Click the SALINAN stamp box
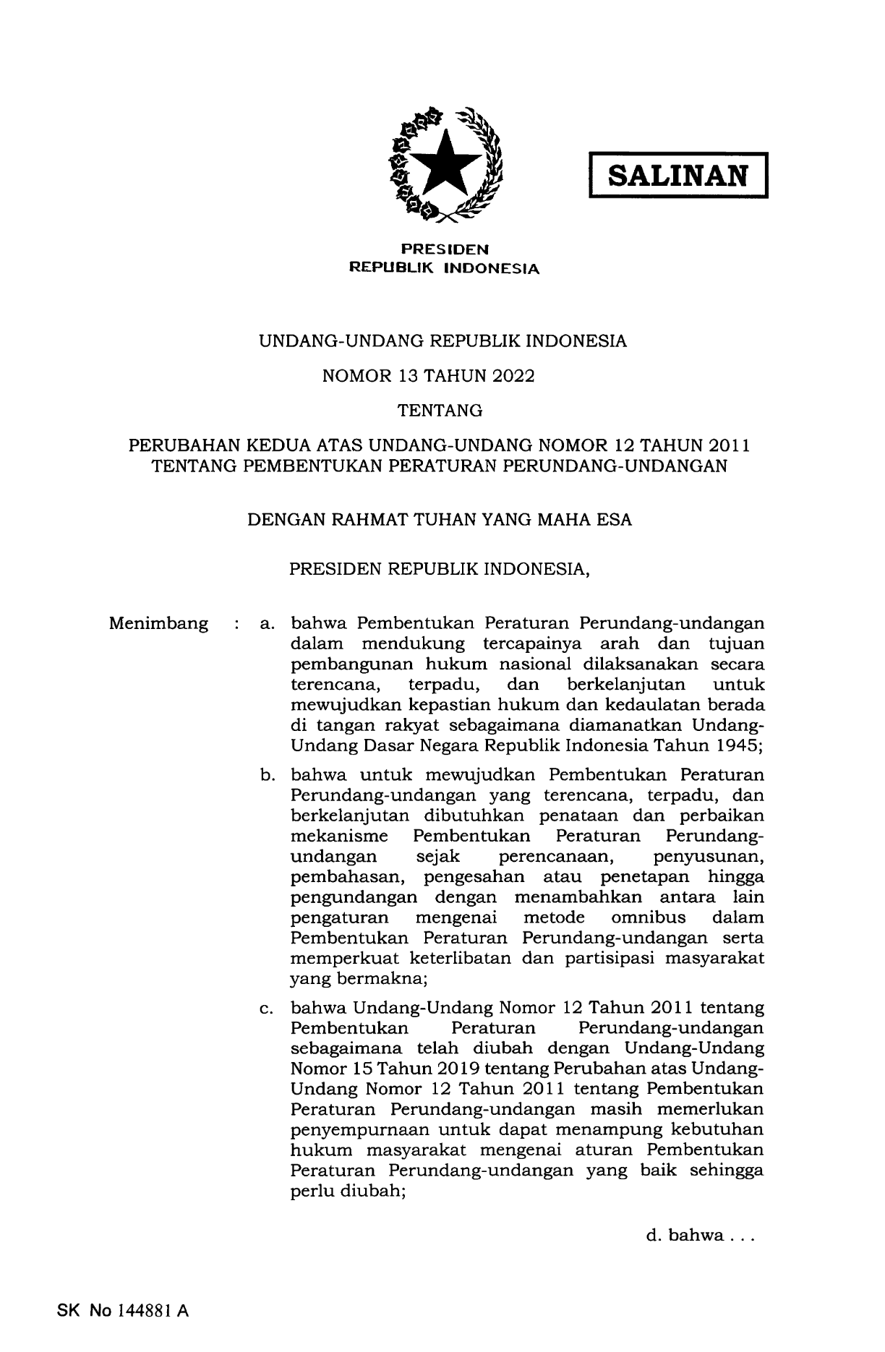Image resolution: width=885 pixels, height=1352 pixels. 678,175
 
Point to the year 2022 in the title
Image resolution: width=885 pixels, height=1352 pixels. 510,376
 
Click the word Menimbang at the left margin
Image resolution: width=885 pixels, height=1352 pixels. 158,623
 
